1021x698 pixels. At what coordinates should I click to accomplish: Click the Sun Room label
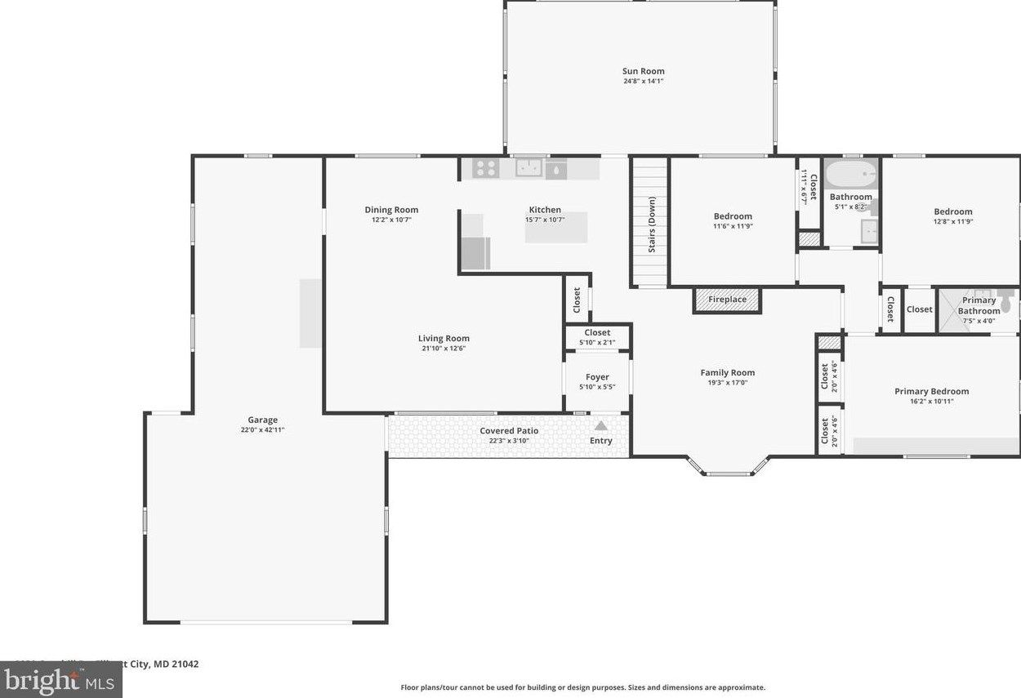[643, 71]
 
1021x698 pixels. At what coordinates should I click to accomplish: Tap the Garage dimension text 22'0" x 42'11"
[263, 430]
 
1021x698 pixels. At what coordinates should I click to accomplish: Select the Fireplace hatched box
[727, 300]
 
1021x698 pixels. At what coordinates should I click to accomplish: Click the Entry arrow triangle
[601, 425]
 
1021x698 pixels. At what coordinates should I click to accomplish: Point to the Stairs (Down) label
[652, 225]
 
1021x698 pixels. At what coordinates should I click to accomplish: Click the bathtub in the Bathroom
[850, 174]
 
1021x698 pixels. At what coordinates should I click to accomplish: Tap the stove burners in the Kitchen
[485, 168]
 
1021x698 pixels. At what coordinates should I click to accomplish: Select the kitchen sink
[528, 168]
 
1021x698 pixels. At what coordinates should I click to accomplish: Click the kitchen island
[555, 228]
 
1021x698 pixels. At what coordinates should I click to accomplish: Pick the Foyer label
[597, 377]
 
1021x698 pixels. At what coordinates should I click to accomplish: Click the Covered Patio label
[509, 431]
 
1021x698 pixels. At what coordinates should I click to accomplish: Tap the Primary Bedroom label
[931, 392]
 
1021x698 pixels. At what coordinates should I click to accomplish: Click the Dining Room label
[391, 210]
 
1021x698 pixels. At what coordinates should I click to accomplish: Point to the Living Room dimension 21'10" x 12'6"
[444, 349]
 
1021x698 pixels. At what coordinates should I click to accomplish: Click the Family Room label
[727, 373]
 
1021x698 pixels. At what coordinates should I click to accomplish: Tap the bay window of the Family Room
[729, 468]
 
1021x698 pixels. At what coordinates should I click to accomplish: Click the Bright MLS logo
[60, 680]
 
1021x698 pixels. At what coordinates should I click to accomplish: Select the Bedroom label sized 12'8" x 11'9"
[953, 212]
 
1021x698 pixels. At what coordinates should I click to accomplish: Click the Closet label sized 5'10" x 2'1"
[597, 333]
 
